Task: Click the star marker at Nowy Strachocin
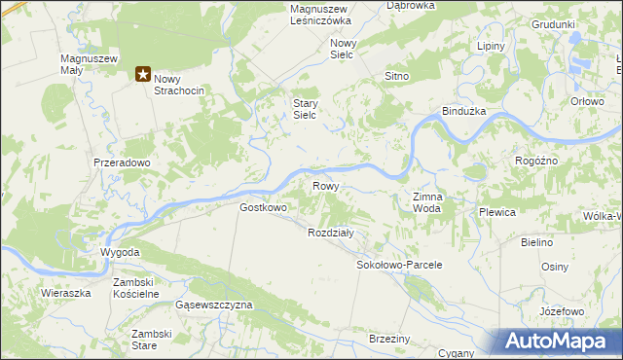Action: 143,73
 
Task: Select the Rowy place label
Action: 325,185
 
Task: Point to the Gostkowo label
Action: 264,207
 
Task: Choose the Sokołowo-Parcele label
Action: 400,265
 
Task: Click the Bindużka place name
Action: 464,112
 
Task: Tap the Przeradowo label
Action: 122,163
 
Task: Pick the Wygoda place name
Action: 121,252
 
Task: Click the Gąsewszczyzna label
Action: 214,305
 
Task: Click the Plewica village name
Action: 496,211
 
